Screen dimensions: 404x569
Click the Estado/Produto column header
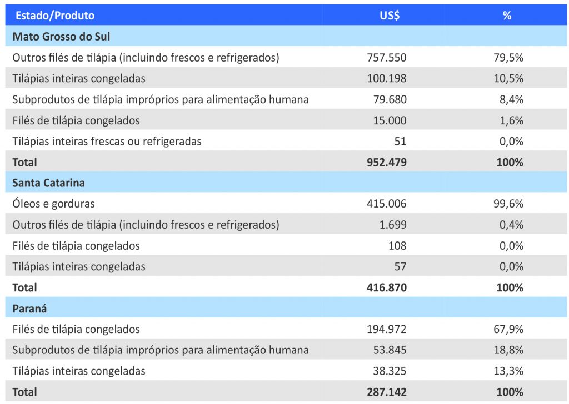(x=55, y=16)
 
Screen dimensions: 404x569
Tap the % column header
(x=507, y=16)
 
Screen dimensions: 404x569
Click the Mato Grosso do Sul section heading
(x=61, y=37)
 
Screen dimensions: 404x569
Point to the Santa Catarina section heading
(x=49, y=183)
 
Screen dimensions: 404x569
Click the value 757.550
(x=387, y=57)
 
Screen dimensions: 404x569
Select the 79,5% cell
(x=508, y=57)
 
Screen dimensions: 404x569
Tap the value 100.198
(x=387, y=78)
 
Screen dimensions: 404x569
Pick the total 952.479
(x=387, y=162)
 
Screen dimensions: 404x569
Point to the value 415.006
(x=387, y=204)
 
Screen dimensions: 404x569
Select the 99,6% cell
(x=508, y=204)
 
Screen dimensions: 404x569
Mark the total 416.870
(x=387, y=287)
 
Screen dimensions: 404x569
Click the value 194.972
(x=387, y=329)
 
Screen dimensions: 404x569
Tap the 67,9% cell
(x=508, y=329)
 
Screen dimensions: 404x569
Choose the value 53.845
(x=390, y=350)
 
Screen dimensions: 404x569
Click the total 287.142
(x=387, y=392)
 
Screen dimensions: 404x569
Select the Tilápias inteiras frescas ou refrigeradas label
(x=107, y=141)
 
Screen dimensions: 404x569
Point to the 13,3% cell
(x=508, y=371)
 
